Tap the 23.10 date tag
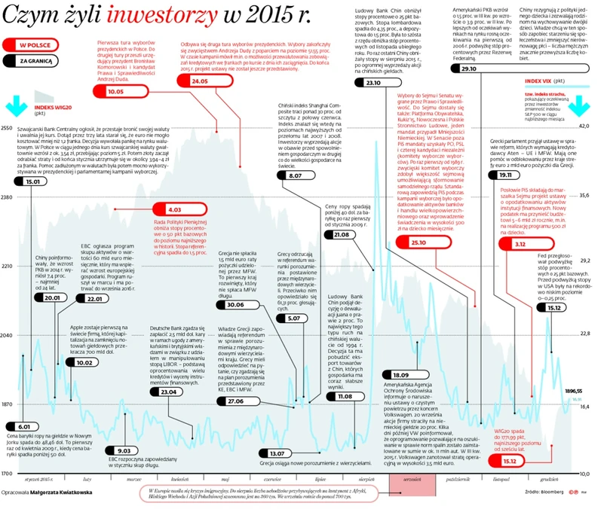372,82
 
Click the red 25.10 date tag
418,243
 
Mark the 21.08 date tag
342,235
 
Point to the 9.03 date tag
123,450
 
